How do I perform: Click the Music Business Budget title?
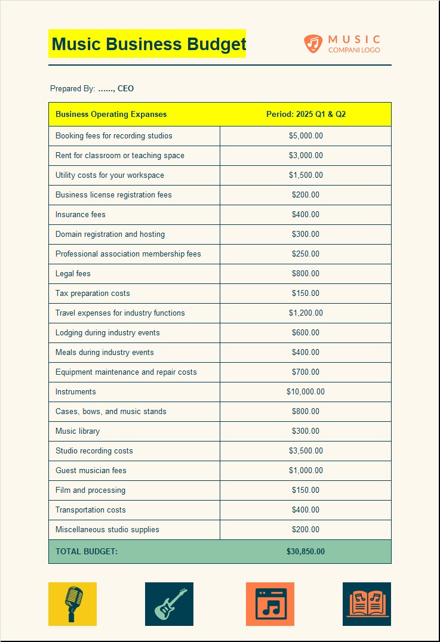click(148, 44)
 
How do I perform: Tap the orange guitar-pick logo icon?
click(313, 43)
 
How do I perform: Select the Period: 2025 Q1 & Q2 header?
click(306, 114)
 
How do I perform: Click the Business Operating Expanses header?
click(111, 114)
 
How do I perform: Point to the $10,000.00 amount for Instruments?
click(306, 391)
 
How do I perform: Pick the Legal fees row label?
click(73, 273)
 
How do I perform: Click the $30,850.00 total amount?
click(306, 551)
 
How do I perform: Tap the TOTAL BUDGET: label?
click(87, 551)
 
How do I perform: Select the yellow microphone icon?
click(72, 604)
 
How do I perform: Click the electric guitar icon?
click(169, 604)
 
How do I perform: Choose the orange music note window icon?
click(270, 604)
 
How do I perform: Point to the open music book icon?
click(367, 604)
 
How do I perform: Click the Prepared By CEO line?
click(92, 88)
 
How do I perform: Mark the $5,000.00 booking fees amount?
click(306, 135)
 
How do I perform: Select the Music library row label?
click(78, 431)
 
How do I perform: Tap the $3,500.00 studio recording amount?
click(306, 450)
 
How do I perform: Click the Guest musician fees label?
click(91, 470)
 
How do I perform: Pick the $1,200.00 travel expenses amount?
click(306, 313)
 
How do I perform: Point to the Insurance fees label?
click(80, 214)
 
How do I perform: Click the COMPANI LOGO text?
click(354, 50)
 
